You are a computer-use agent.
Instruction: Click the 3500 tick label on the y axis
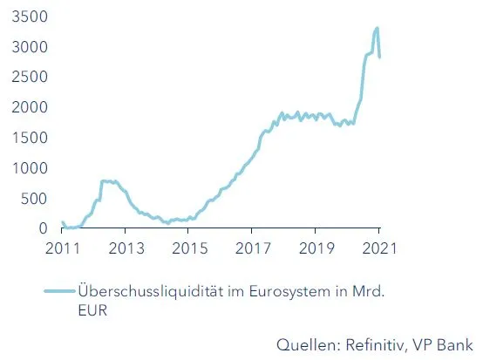coord(28,17)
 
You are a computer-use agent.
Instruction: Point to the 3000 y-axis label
coord(28,47)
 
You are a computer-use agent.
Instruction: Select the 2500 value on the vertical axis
coord(28,78)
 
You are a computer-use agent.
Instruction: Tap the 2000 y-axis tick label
coord(28,107)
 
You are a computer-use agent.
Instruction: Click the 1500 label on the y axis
coord(28,138)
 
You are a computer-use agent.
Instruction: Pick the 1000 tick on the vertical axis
coord(28,168)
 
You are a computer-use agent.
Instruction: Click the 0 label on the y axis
coord(44,228)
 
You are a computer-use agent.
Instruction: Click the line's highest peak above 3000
coord(377,28)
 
